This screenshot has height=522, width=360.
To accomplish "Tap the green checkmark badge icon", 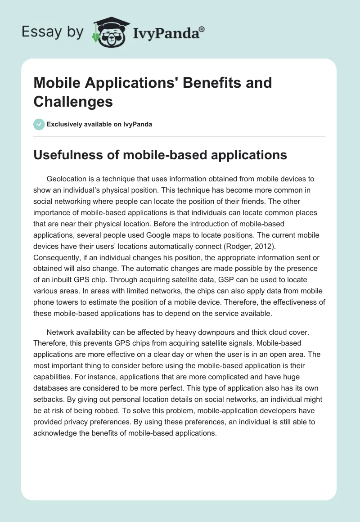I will pos(39,124).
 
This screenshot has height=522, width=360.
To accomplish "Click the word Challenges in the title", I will pos(73,102).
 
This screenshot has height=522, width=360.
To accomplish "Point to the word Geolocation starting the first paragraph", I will pos(68,179).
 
